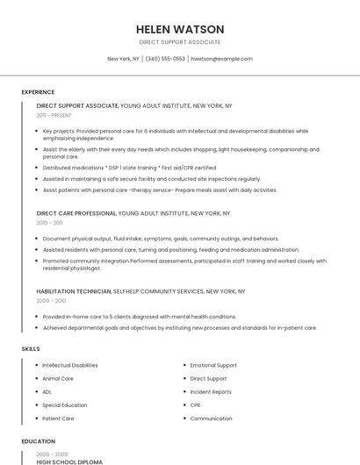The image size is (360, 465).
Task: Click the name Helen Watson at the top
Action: (180, 29)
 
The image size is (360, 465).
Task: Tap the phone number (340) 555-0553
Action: (166, 59)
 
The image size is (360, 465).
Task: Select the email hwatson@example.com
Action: (221, 59)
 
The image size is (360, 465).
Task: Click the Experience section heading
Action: (38, 92)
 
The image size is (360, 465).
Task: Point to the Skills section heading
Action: (31, 349)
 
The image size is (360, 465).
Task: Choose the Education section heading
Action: (38, 441)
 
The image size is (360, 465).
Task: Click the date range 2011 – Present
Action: (54, 115)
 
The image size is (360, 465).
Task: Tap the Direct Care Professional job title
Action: (76, 213)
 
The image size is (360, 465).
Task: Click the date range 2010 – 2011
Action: (50, 223)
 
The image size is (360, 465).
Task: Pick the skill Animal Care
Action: (58, 379)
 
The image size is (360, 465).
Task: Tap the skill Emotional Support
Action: (213, 365)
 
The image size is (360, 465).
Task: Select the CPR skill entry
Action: (196, 405)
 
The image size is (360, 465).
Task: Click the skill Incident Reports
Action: (211, 392)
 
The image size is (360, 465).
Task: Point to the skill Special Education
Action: (65, 405)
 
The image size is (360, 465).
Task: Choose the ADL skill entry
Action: (47, 392)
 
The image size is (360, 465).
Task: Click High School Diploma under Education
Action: (69, 461)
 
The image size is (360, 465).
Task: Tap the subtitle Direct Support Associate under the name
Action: (180, 42)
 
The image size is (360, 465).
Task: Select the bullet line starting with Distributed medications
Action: (129, 168)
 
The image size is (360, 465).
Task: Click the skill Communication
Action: (211, 418)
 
